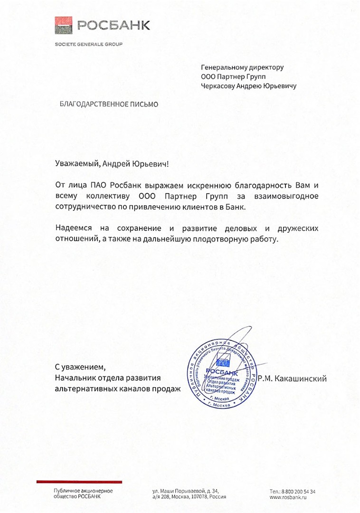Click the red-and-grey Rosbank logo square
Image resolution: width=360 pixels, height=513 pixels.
[64, 24]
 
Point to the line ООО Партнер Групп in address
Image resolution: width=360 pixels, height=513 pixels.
[234, 76]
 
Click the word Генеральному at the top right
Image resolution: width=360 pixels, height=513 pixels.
[224, 67]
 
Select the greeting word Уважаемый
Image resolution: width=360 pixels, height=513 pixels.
[77, 164]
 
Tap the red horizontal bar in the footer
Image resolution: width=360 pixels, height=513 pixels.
[76, 482]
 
